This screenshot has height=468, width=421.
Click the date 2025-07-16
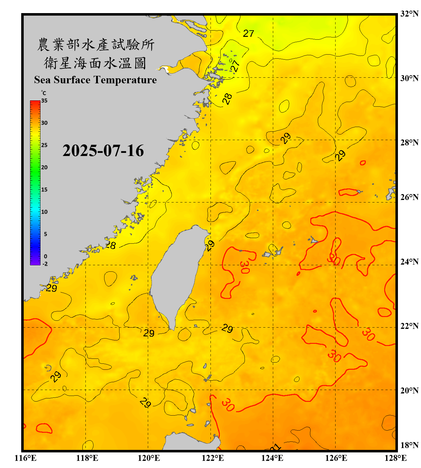point(103,151)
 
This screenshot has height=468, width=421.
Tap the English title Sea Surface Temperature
point(95,80)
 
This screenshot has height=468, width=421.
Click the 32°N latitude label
point(409,14)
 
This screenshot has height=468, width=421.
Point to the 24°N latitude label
point(409,261)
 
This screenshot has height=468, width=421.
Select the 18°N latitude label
point(409,445)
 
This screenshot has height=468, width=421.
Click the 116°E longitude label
point(26,458)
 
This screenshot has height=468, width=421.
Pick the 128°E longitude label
point(395,458)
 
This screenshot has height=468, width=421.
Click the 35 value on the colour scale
point(44,101)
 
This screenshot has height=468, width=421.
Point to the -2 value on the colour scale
point(45,264)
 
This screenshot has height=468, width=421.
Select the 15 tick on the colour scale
point(44,190)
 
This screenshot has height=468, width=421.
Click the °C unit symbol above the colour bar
point(44,93)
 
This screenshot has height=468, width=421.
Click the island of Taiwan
point(175,275)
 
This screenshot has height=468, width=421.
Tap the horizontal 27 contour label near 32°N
point(249,33)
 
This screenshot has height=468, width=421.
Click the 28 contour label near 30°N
point(227,99)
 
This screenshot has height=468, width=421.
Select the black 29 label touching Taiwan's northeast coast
point(210,246)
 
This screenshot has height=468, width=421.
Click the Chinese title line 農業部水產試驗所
point(95,45)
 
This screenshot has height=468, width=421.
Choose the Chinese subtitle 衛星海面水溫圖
point(95,63)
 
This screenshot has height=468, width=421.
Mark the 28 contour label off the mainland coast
point(111,245)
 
